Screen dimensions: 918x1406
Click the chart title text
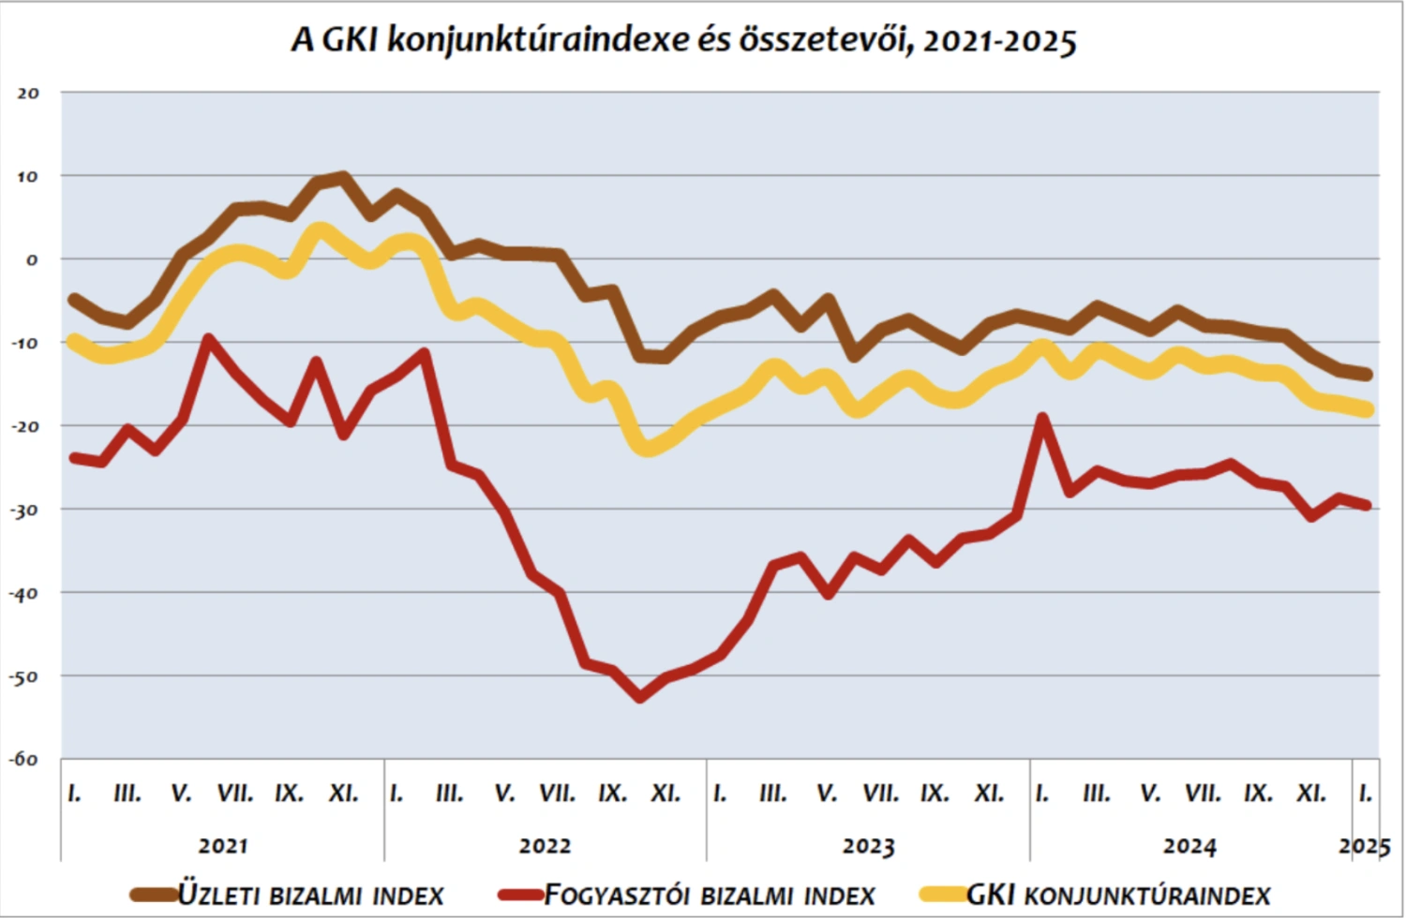click(x=683, y=40)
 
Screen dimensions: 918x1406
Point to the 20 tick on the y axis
click(x=28, y=93)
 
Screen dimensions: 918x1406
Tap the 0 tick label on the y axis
click(x=32, y=259)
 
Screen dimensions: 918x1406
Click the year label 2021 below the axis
click(x=223, y=846)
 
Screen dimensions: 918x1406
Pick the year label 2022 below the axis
click(x=545, y=846)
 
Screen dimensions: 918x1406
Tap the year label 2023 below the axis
click(x=868, y=846)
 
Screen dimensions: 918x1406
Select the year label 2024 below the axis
click(x=1189, y=846)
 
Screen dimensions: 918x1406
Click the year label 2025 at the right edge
click(x=1364, y=846)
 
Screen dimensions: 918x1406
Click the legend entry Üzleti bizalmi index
click(x=310, y=895)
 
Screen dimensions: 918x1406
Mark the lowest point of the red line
click(x=640, y=698)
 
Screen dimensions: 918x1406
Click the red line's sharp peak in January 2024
click(x=1041, y=418)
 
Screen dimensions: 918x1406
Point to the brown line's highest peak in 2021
click(x=343, y=176)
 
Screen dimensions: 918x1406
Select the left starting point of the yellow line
click(x=74, y=341)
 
